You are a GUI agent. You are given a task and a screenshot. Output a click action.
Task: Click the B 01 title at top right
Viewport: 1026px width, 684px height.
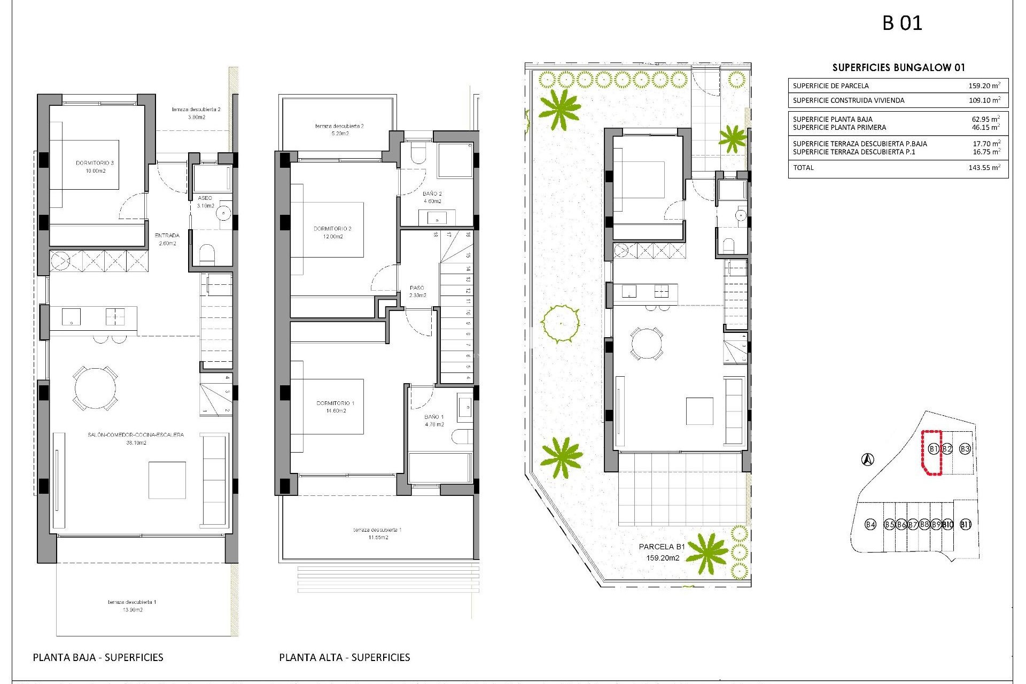click(x=902, y=23)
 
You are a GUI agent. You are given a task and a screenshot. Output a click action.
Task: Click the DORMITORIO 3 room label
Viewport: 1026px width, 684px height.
click(x=95, y=163)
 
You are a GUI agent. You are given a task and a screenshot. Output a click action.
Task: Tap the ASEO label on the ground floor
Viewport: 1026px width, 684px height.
click(x=205, y=198)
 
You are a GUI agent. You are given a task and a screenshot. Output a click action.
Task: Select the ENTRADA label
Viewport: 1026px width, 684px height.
click(x=167, y=236)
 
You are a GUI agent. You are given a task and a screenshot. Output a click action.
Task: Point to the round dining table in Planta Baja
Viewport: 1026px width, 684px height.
click(x=95, y=387)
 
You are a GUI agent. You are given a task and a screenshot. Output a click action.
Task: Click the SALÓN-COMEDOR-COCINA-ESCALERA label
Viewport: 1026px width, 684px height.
click(x=136, y=435)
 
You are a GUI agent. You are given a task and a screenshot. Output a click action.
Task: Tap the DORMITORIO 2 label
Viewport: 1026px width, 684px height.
click(x=332, y=229)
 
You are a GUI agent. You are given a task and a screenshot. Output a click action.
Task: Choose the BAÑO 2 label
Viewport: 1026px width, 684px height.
click(x=432, y=194)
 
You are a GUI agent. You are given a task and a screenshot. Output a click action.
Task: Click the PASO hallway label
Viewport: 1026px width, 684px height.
click(x=417, y=288)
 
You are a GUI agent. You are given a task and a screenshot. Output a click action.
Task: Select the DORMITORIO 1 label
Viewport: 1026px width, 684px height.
click(x=336, y=403)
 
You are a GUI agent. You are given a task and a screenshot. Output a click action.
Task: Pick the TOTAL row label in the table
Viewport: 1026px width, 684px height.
click(x=803, y=168)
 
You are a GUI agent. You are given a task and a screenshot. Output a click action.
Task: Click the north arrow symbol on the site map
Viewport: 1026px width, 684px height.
click(x=868, y=459)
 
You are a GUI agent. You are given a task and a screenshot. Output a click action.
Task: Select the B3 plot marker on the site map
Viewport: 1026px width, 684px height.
click(x=965, y=449)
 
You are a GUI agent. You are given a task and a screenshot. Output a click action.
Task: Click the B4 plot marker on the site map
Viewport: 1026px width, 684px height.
click(x=870, y=524)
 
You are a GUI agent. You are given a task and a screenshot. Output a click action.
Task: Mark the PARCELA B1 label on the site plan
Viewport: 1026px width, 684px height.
click(x=662, y=547)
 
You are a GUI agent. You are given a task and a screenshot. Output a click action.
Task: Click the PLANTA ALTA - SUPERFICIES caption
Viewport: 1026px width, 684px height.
click(x=344, y=657)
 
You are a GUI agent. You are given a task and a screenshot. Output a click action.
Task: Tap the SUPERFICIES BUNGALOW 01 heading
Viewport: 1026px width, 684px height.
click(x=898, y=68)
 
